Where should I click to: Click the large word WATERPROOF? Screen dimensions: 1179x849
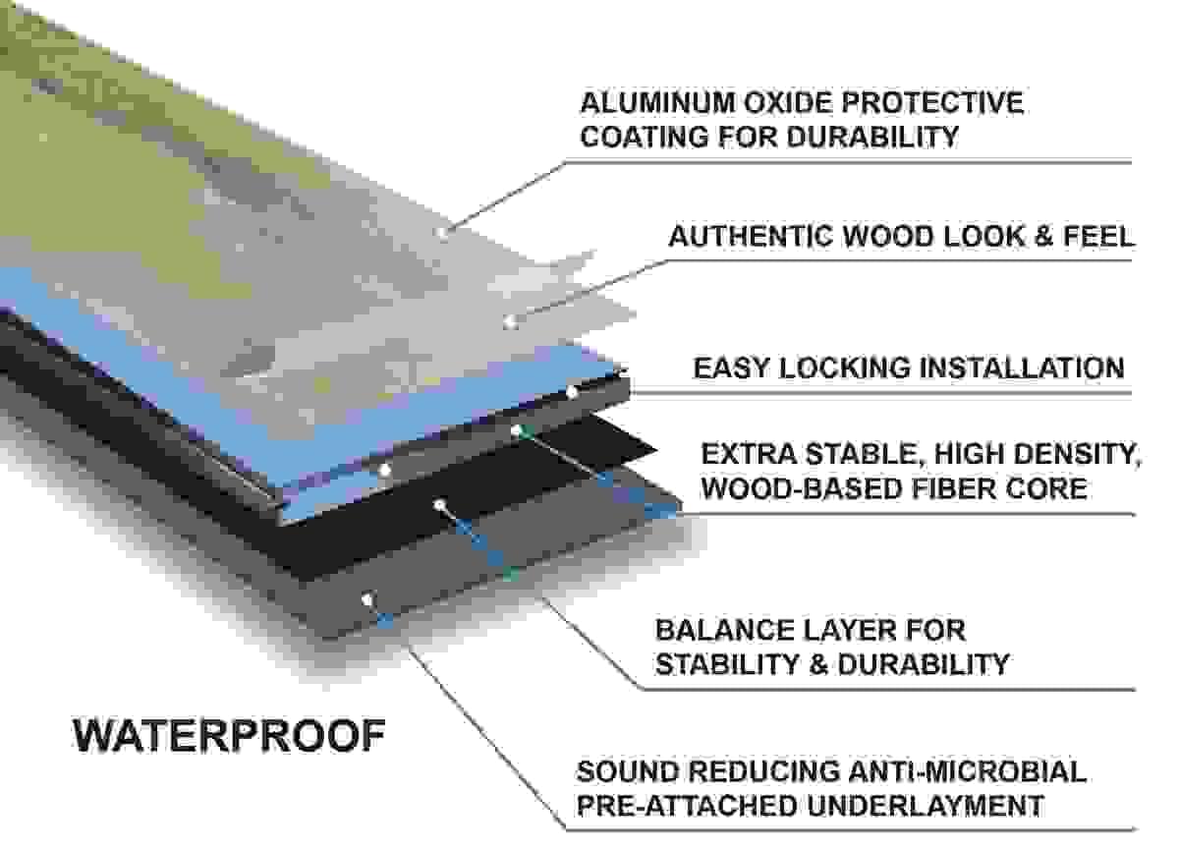coord(229,735)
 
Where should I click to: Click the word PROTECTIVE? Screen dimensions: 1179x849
coord(932,102)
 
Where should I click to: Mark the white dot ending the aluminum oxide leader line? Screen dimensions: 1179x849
coord(441,232)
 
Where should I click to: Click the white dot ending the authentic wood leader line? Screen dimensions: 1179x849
coord(510,320)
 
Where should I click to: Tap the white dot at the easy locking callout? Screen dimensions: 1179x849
coord(572,392)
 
